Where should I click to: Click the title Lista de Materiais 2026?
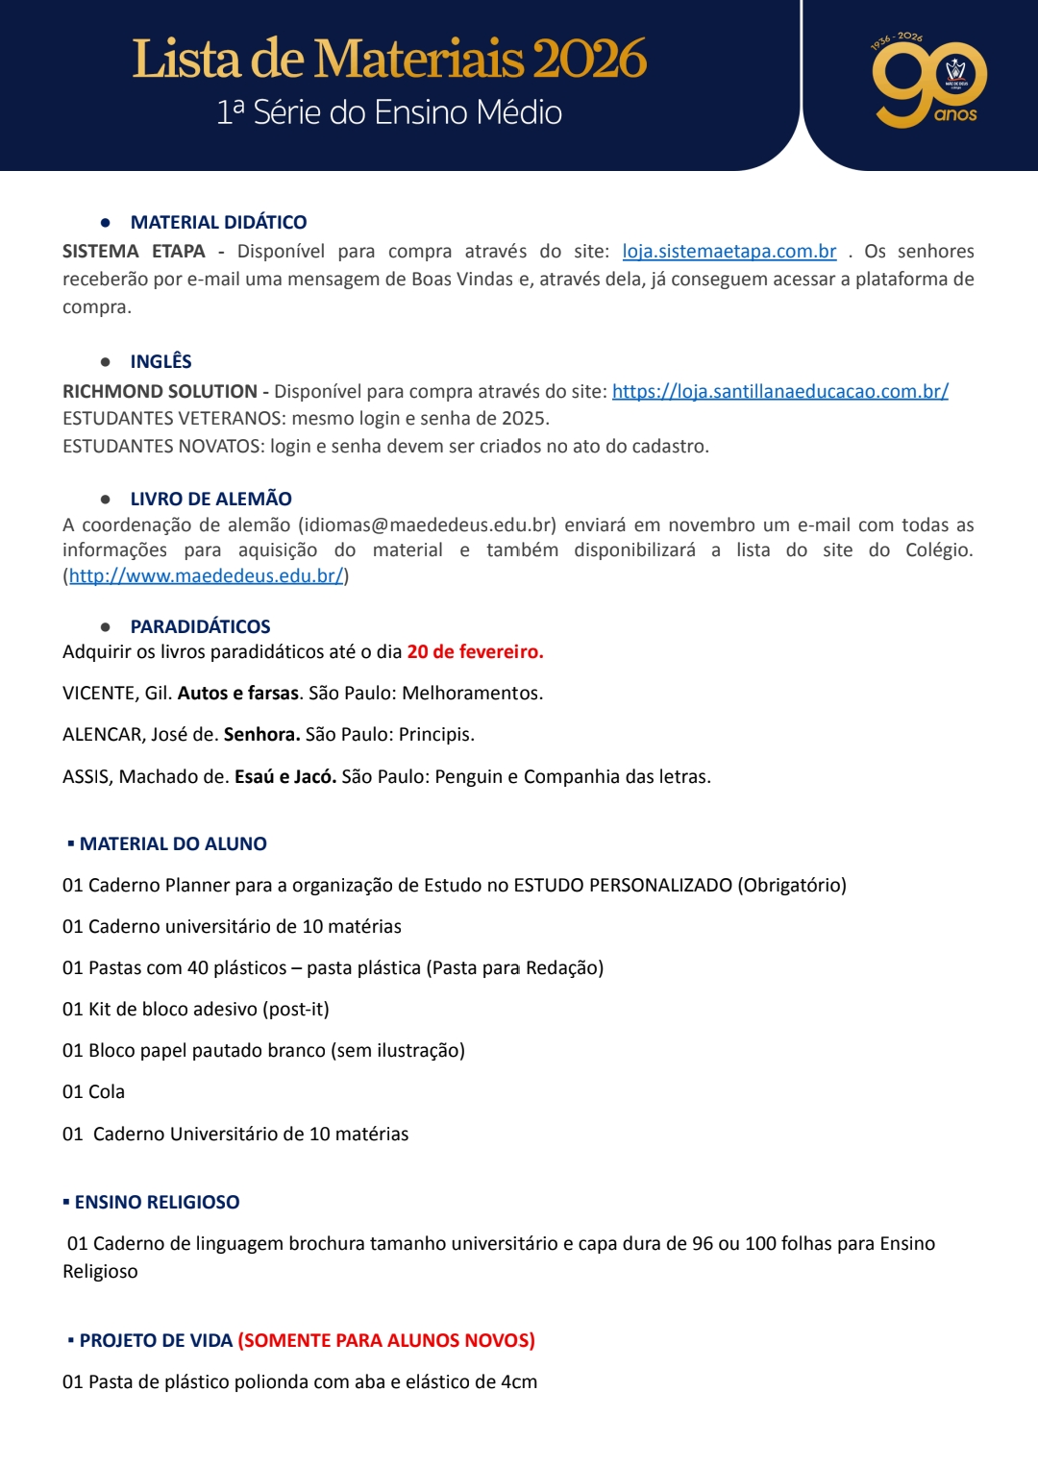389,59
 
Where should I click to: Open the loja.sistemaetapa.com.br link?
729,252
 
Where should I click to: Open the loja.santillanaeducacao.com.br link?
779,391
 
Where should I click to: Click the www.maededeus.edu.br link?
206,575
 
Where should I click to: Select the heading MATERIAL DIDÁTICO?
218,222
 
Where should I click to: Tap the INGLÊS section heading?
161,361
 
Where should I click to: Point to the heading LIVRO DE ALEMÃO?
210,499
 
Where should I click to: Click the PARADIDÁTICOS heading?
200,626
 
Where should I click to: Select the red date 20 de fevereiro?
475,651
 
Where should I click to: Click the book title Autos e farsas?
238,693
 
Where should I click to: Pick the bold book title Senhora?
261,734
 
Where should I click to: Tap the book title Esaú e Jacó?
285,776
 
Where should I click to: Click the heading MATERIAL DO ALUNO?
173,843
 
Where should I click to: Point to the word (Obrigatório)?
792,885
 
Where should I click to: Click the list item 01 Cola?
94,1091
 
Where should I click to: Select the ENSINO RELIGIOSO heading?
157,1202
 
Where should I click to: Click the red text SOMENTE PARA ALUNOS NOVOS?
386,1340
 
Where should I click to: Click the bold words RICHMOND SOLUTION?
160,391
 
